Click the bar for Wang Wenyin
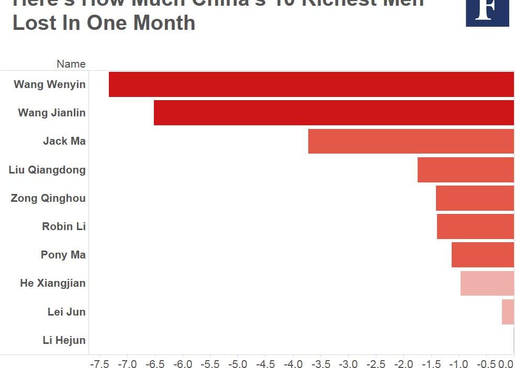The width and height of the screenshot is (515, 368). click(x=311, y=84)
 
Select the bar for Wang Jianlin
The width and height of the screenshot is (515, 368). click(x=334, y=113)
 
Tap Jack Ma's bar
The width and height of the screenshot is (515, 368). click(x=411, y=141)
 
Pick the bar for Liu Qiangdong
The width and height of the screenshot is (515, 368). click(x=466, y=170)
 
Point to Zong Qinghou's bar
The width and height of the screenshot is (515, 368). click(x=475, y=198)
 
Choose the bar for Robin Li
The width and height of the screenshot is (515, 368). click(x=475, y=226)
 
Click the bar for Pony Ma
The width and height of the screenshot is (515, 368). click(x=483, y=255)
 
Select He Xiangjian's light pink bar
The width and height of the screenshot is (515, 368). click(x=487, y=283)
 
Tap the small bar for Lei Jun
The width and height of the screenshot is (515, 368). click(x=508, y=311)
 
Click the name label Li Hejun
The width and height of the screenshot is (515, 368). click(x=64, y=340)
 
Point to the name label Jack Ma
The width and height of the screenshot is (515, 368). click(x=64, y=141)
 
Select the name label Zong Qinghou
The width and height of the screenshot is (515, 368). click(x=48, y=198)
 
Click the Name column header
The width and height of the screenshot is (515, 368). click(x=71, y=64)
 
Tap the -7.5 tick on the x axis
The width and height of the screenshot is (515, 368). click(x=99, y=363)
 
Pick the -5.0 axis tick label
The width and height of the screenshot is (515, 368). click(x=238, y=363)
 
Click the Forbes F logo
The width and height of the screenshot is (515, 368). click(x=487, y=12)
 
